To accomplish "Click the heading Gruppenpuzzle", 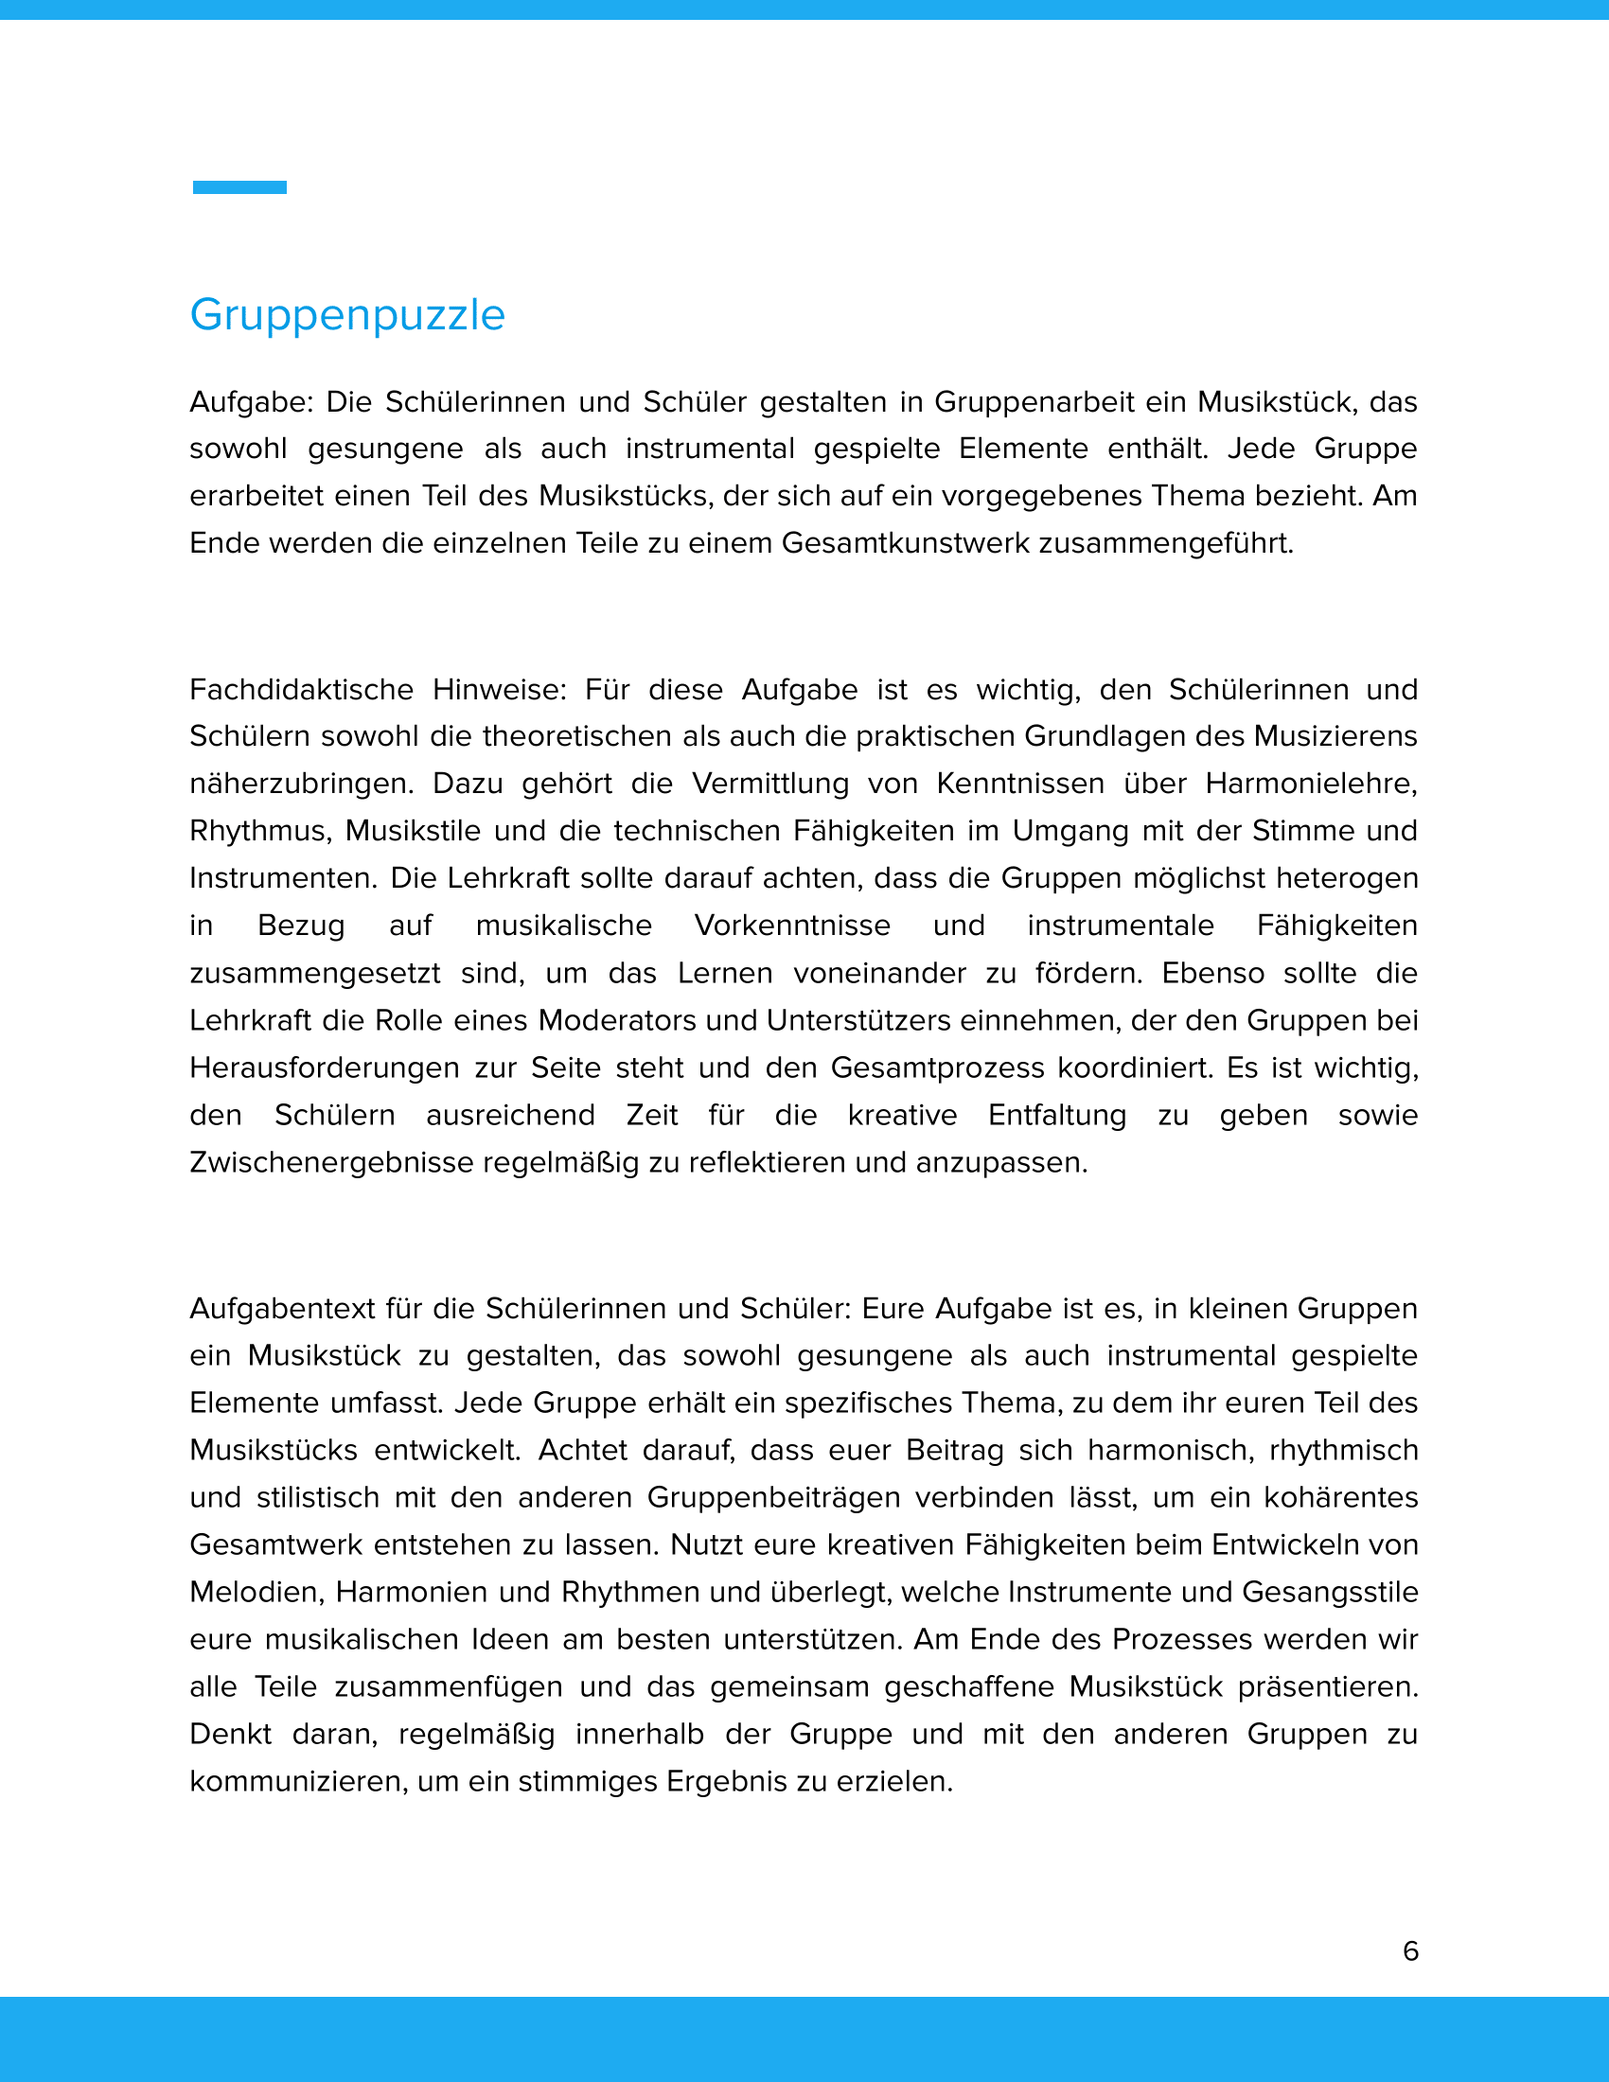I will (x=347, y=315).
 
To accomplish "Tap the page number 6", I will (x=1411, y=1950).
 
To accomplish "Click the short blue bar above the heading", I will (x=239, y=186).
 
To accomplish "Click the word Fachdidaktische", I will (x=301, y=689).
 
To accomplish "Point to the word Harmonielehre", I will (x=1311, y=784).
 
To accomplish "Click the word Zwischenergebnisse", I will (x=331, y=1163).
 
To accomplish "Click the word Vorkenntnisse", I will (x=792, y=926).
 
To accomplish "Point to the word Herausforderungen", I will (x=324, y=1067).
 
